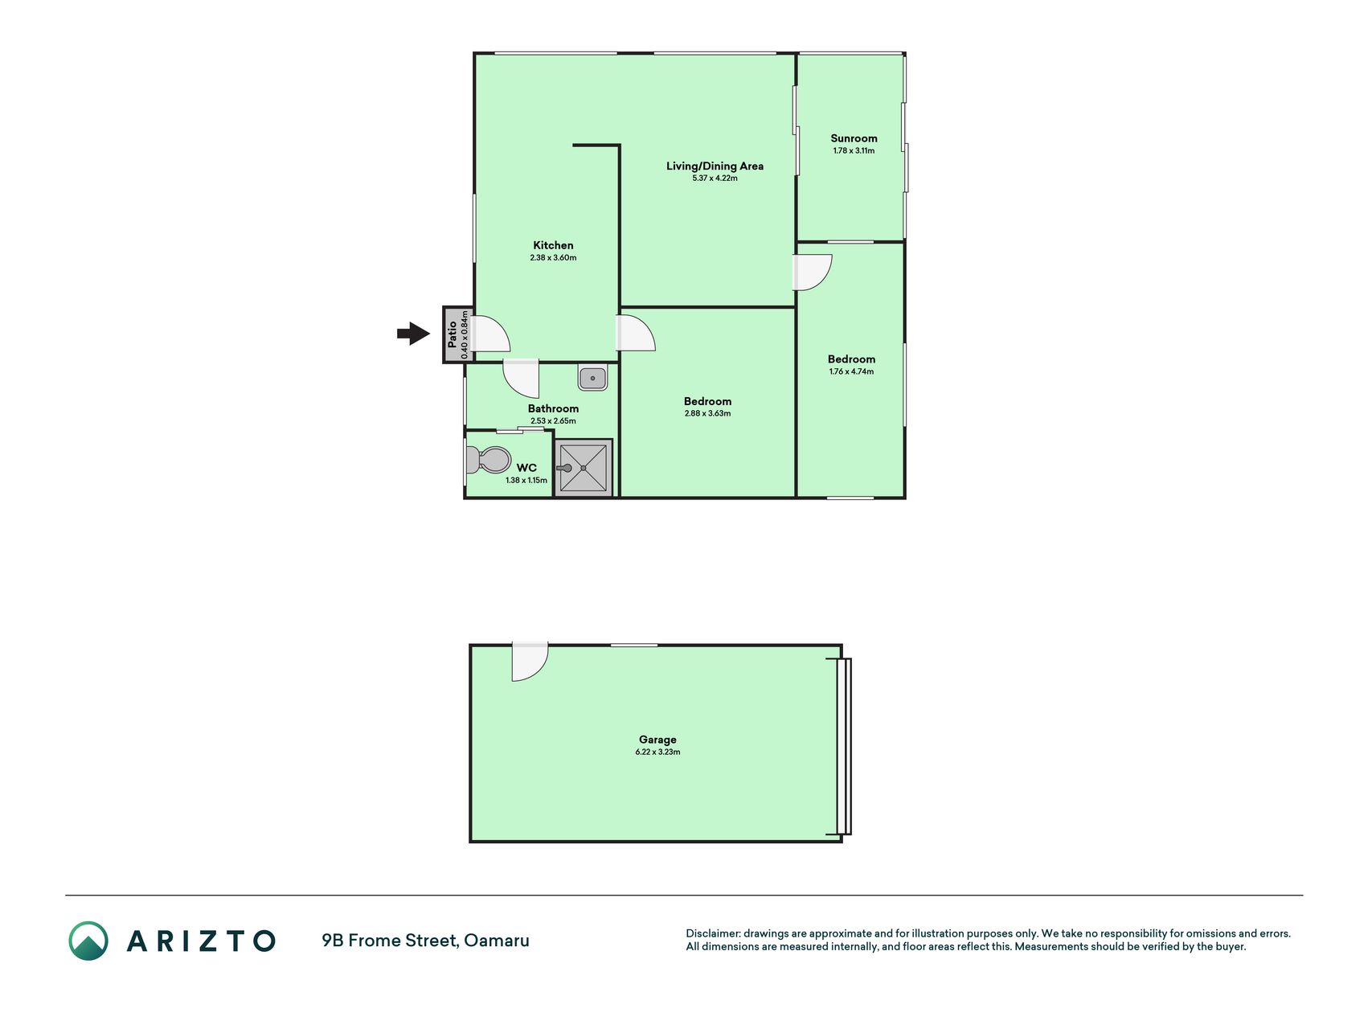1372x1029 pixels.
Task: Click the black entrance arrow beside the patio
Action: (x=414, y=334)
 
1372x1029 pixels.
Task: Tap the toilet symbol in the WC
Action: (x=488, y=461)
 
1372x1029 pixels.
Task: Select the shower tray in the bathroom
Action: (x=584, y=467)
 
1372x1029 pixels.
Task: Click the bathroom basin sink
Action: (x=592, y=377)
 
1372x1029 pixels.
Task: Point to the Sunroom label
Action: (x=854, y=138)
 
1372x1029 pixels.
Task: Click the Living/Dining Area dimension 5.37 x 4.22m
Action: (x=715, y=178)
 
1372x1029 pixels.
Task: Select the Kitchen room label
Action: (x=553, y=245)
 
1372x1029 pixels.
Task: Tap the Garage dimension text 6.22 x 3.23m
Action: (x=657, y=752)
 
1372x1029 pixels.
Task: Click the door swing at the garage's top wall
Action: (x=530, y=662)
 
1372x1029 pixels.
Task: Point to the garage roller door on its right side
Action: (x=843, y=747)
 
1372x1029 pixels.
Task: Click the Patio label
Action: (x=453, y=334)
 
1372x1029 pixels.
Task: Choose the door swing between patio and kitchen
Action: (x=490, y=334)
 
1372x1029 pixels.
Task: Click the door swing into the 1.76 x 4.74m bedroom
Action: (x=813, y=273)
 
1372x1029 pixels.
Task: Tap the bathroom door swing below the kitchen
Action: (x=521, y=378)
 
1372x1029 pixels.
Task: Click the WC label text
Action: (x=526, y=468)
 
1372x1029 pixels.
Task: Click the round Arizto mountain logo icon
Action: (x=88, y=941)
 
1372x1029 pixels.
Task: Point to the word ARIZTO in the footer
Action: (x=201, y=941)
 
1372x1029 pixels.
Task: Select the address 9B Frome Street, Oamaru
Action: (x=425, y=941)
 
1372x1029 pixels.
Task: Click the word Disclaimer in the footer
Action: (x=713, y=933)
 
